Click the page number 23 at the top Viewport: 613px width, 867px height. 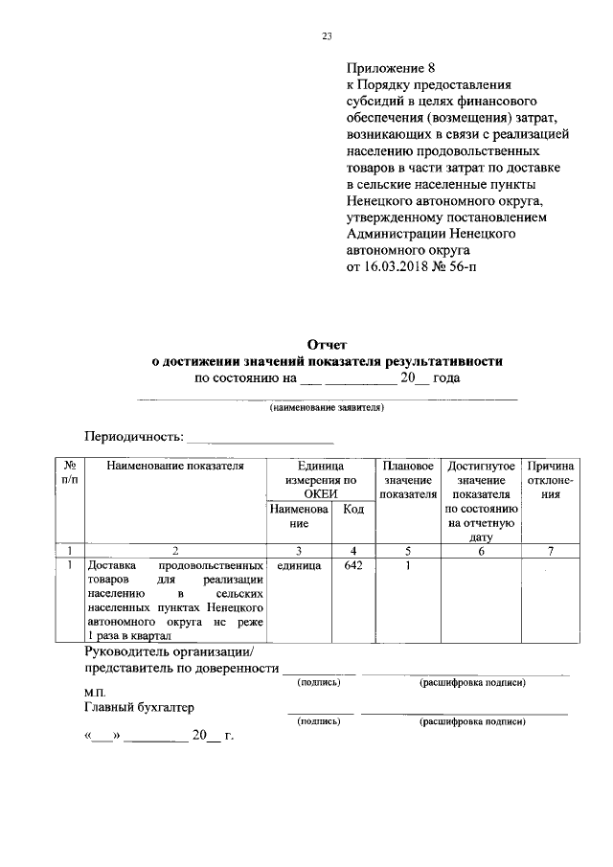(x=326, y=36)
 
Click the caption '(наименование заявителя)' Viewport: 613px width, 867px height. (x=327, y=407)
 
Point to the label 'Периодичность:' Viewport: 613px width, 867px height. (x=133, y=436)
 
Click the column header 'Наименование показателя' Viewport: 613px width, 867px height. (x=174, y=466)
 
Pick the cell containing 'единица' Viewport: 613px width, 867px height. (x=298, y=566)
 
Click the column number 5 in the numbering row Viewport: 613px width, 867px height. (x=407, y=551)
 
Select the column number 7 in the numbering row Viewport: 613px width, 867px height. (x=550, y=551)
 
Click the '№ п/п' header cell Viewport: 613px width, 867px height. (x=70, y=472)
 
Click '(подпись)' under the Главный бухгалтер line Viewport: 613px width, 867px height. (x=319, y=719)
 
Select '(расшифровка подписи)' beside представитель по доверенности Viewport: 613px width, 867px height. (x=471, y=682)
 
